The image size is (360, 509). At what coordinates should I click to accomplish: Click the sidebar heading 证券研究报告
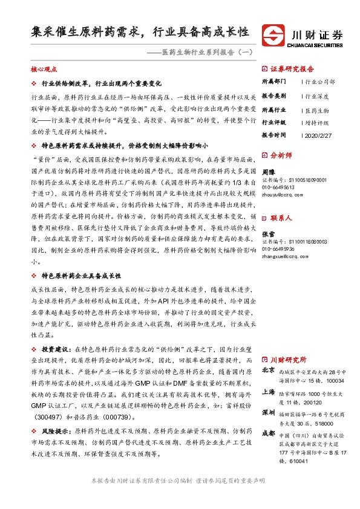click(x=292, y=68)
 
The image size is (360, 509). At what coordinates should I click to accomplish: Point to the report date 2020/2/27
click(x=318, y=135)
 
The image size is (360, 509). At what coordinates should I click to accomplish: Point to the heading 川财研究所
click(x=288, y=358)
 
